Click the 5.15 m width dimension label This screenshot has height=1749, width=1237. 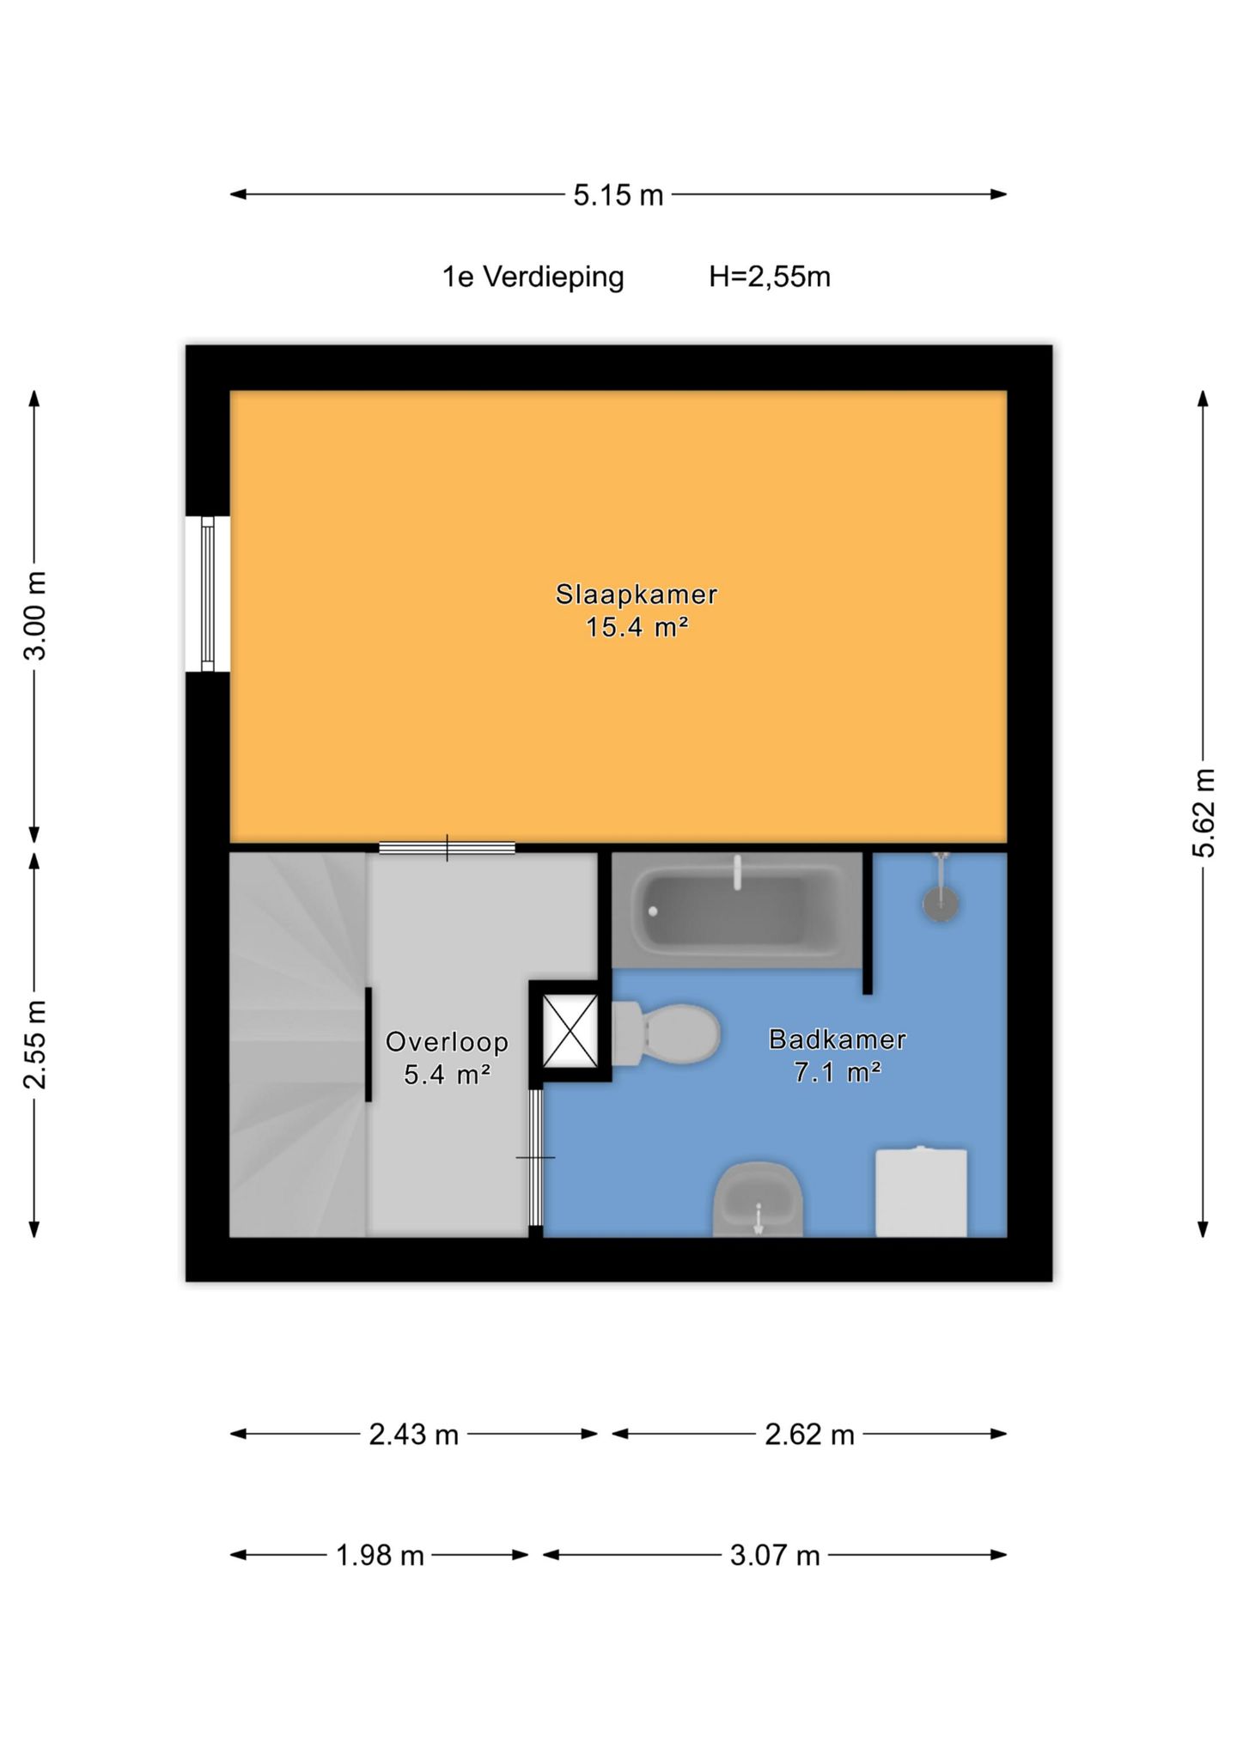click(618, 195)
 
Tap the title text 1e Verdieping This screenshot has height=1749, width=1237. click(533, 277)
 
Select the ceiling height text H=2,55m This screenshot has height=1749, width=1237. click(770, 277)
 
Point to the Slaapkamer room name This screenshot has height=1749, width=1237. click(637, 594)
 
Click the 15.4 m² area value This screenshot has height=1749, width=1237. click(637, 627)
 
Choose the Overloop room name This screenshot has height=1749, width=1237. click(447, 1042)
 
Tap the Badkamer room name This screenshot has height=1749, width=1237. click(838, 1039)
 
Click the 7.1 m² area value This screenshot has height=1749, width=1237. click(838, 1073)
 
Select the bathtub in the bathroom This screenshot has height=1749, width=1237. click(736, 911)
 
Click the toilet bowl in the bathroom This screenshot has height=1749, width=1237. click(666, 1034)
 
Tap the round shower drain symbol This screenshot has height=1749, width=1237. click(941, 903)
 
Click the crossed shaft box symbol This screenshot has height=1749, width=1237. click(570, 1031)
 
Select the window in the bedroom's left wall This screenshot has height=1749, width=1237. click(208, 594)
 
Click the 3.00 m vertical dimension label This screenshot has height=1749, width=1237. click(35, 615)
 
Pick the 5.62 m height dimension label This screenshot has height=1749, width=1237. click(1203, 813)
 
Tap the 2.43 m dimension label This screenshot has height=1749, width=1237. click(414, 1435)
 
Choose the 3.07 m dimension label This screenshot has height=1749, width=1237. click(775, 1556)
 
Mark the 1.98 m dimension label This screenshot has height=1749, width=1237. click(380, 1556)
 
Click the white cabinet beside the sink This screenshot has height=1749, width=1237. click(921, 1192)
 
